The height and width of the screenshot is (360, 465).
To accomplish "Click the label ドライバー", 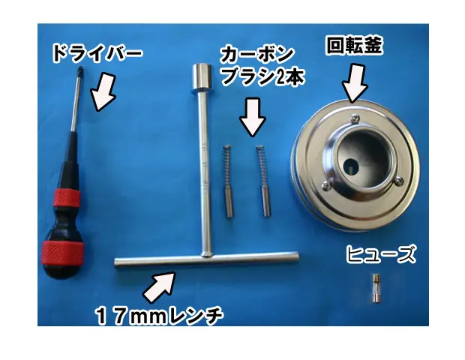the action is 97,53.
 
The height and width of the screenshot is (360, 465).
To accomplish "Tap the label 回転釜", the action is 355,46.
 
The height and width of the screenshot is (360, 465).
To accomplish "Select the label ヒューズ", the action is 381,254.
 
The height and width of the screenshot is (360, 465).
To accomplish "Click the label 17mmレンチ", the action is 159,316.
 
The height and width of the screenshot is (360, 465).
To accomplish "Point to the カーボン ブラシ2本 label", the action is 262,66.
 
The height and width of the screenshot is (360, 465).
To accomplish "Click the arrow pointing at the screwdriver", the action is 102,91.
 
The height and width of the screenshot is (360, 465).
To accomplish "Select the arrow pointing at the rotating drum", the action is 355,83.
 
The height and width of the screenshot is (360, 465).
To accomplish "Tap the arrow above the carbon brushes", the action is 252,117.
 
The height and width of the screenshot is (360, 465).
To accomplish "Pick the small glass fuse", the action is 376,289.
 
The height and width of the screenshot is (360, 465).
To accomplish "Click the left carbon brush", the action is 228,181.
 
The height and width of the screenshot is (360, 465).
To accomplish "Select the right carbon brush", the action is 264,181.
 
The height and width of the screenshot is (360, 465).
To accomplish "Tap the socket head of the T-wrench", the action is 202,78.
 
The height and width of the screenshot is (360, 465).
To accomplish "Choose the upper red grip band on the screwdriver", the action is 67,197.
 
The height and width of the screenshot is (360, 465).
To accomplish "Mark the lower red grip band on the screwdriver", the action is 61,253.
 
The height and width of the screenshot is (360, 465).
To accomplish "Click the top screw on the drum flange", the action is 355,118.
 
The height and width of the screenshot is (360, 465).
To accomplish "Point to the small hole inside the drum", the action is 350,167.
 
